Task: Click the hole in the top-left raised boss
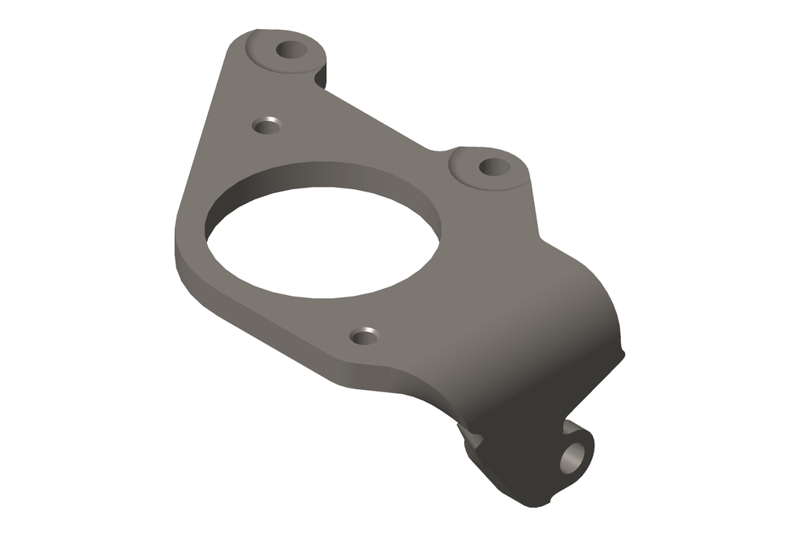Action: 292,50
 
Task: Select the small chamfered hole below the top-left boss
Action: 267,125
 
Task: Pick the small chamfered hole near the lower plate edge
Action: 363,336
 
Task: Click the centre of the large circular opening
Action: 322,243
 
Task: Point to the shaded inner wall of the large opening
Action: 329,177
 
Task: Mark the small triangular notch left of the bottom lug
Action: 471,434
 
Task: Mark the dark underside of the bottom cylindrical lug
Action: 518,479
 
